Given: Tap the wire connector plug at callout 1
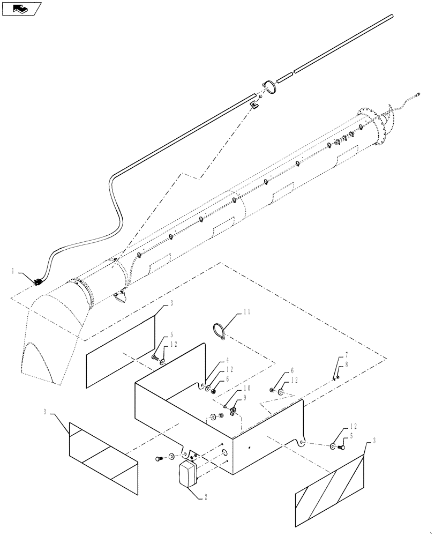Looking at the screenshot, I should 38,281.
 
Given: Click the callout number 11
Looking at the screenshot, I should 231,311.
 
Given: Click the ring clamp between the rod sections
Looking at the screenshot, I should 269,87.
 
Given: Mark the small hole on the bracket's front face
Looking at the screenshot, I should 249,446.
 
